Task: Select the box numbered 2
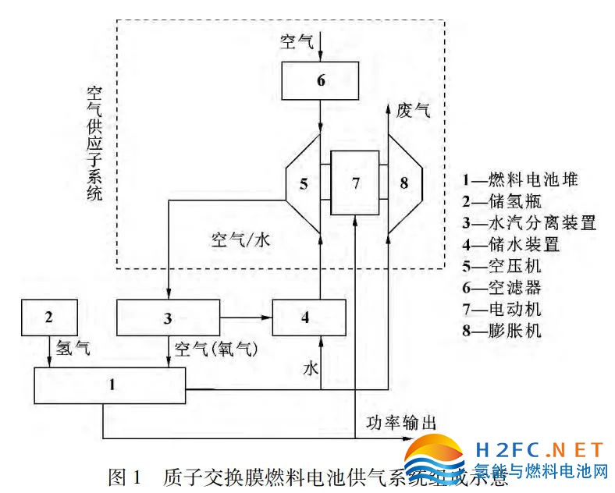coord(48,317)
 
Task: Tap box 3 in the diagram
coord(168,317)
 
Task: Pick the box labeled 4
coord(308,317)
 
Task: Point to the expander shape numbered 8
coord(403,183)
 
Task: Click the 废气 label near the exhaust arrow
coord(413,110)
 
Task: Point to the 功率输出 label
coord(401,422)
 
